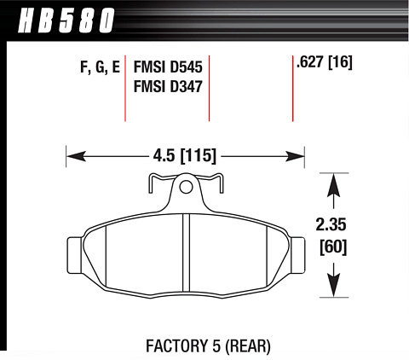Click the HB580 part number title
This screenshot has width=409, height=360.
coord(66,20)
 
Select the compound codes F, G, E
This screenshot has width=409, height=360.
coord(101,68)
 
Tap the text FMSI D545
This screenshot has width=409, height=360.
coord(168,67)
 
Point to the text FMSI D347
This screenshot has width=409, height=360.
coord(168,86)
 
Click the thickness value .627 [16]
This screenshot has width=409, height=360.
coord(324,61)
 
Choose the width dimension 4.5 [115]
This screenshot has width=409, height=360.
coord(185,156)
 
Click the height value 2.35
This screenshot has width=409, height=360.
coord(331,224)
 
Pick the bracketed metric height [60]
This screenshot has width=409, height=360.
coord(333,247)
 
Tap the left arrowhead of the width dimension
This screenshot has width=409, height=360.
coord(76,156)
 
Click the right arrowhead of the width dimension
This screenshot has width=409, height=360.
coord(295,156)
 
